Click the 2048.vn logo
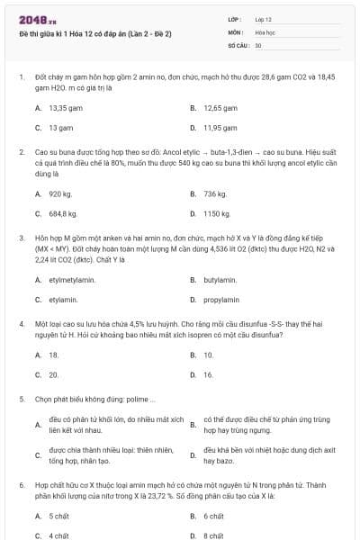[32, 20]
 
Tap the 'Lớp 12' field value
[263, 19]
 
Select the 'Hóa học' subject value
[265, 31]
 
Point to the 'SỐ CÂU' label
[238, 44]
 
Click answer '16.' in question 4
[208, 374]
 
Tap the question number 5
[22, 398]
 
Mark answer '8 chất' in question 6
[213, 535]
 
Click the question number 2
[22, 152]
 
